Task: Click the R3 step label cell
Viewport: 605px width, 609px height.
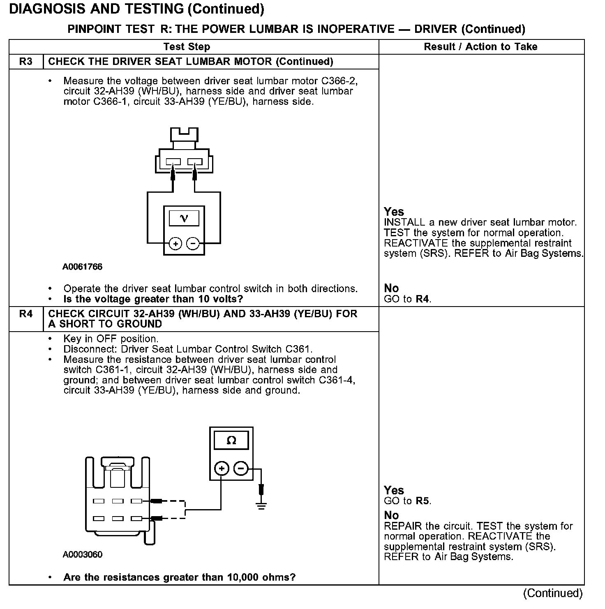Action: [25, 62]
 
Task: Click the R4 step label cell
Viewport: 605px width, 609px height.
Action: [25, 314]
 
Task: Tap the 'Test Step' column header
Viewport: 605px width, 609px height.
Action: [187, 47]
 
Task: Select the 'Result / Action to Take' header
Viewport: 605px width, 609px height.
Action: [480, 47]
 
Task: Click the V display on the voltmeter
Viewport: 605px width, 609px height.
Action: [184, 218]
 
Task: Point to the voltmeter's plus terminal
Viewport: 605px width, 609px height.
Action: [175, 244]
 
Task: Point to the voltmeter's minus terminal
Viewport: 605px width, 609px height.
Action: [193, 244]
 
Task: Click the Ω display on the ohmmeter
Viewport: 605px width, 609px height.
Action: [231, 441]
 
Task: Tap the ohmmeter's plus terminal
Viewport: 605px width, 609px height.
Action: [222, 468]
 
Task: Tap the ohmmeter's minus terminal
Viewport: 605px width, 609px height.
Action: [241, 468]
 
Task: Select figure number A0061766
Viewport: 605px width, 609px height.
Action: [82, 267]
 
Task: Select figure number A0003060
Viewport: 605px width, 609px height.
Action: [82, 554]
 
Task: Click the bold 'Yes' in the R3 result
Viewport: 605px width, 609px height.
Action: [394, 212]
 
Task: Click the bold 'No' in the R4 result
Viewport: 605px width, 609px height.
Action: [391, 515]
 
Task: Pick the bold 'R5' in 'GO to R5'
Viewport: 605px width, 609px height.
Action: [422, 501]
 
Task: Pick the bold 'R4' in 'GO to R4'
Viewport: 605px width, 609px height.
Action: [422, 299]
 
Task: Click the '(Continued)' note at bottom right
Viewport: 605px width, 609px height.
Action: [552, 593]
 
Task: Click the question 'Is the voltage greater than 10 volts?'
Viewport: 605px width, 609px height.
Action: [153, 299]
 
